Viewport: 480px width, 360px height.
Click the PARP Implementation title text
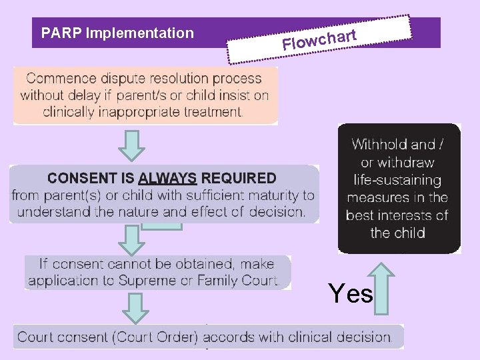pyautogui.click(x=117, y=33)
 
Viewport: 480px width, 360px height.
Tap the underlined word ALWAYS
pyautogui.click(x=167, y=179)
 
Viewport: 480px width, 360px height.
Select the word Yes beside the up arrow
pyautogui.click(x=351, y=293)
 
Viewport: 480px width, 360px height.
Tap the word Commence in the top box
pyautogui.click(x=58, y=79)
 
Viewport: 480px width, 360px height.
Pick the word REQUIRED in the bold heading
pyautogui.click(x=238, y=179)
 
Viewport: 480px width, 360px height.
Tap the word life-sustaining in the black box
pyautogui.click(x=397, y=180)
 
